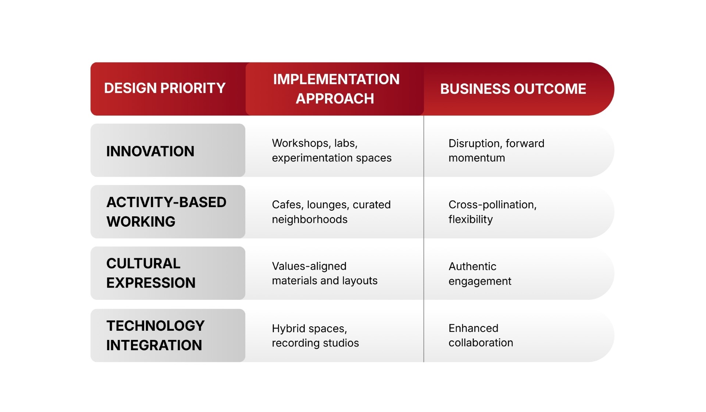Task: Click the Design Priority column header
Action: click(165, 88)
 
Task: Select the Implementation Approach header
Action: click(336, 89)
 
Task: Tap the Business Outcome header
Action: click(513, 89)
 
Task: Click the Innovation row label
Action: click(150, 151)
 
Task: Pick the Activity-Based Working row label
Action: click(166, 212)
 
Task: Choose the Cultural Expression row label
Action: click(151, 273)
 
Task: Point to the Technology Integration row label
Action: click(155, 335)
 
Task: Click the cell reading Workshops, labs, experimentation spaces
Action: click(331, 150)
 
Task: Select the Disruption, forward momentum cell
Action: click(496, 150)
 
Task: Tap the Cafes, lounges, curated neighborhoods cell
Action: click(331, 212)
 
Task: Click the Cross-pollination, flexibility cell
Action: click(492, 212)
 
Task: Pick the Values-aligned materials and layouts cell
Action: click(324, 273)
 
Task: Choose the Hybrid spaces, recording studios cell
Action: click(315, 335)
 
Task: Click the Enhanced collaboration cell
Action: click(481, 335)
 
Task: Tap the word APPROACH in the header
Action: click(335, 99)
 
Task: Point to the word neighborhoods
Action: click(310, 220)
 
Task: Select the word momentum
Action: click(477, 158)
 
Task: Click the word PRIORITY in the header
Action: click(193, 88)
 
